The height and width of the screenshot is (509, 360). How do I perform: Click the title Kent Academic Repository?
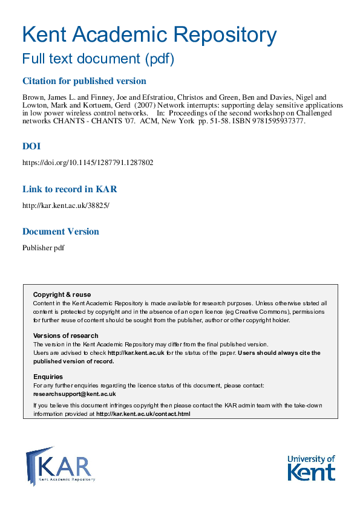click(x=149, y=34)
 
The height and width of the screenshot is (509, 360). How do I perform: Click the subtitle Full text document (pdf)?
click(x=98, y=59)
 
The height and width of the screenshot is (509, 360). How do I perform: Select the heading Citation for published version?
click(x=84, y=81)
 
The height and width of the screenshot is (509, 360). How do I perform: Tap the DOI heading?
click(x=31, y=146)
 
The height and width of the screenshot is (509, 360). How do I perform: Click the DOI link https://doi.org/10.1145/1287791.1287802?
click(x=88, y=163)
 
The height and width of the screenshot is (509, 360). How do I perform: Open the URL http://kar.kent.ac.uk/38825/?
click(x=66, y=205)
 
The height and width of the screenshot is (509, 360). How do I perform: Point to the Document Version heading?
click(x=61, y=232)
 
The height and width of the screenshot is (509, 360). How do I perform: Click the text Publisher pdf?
click(x=44, y=248)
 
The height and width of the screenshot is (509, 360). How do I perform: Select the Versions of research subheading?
click(x=65, y=336)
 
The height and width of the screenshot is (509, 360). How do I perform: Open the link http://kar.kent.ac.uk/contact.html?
click(x=143, y=414)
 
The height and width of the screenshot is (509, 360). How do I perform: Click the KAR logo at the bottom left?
click(x=60, y=466)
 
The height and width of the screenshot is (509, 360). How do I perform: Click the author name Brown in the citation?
click(x=33, y=97)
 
